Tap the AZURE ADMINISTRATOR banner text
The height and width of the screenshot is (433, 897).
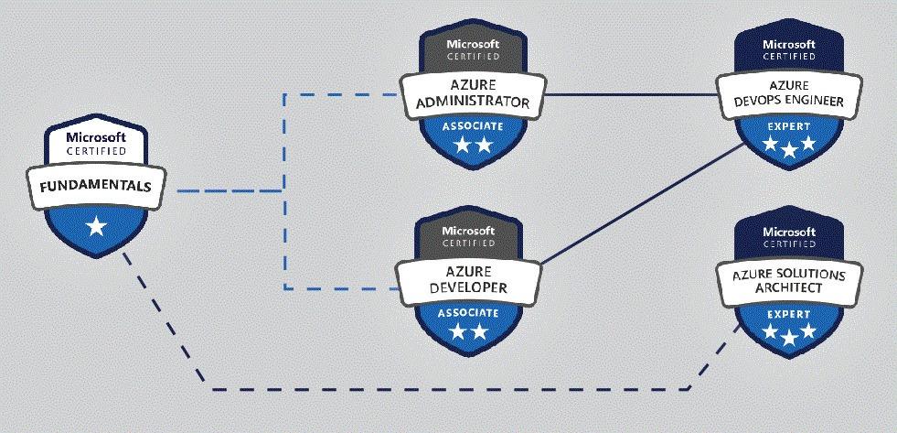(472, 94)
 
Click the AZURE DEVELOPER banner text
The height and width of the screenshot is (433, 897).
(467, 281)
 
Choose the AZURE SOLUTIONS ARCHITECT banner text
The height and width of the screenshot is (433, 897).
(788, 281)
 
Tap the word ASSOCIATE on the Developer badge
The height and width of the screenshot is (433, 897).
(467, 312)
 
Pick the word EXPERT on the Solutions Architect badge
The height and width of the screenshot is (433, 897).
(788, 314)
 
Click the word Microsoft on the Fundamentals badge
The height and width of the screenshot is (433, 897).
(95, 137)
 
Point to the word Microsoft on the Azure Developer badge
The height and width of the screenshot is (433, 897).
(467, 230)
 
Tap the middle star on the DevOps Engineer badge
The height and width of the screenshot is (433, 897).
(788, 149)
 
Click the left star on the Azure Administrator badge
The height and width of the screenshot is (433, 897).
(460, 146)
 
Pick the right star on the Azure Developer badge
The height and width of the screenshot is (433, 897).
(479, 332)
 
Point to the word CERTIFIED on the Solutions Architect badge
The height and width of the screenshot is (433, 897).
(788, 244)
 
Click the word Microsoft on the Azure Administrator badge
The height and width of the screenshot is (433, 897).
(472, 43)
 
